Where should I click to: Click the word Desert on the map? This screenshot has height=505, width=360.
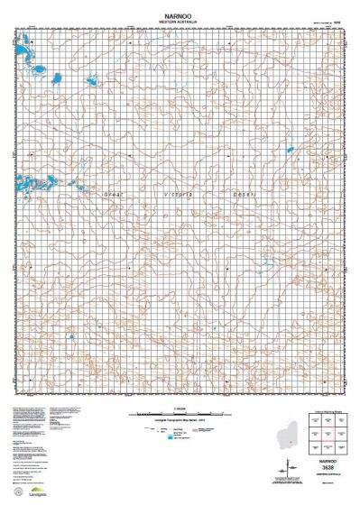tap(245, 194)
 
